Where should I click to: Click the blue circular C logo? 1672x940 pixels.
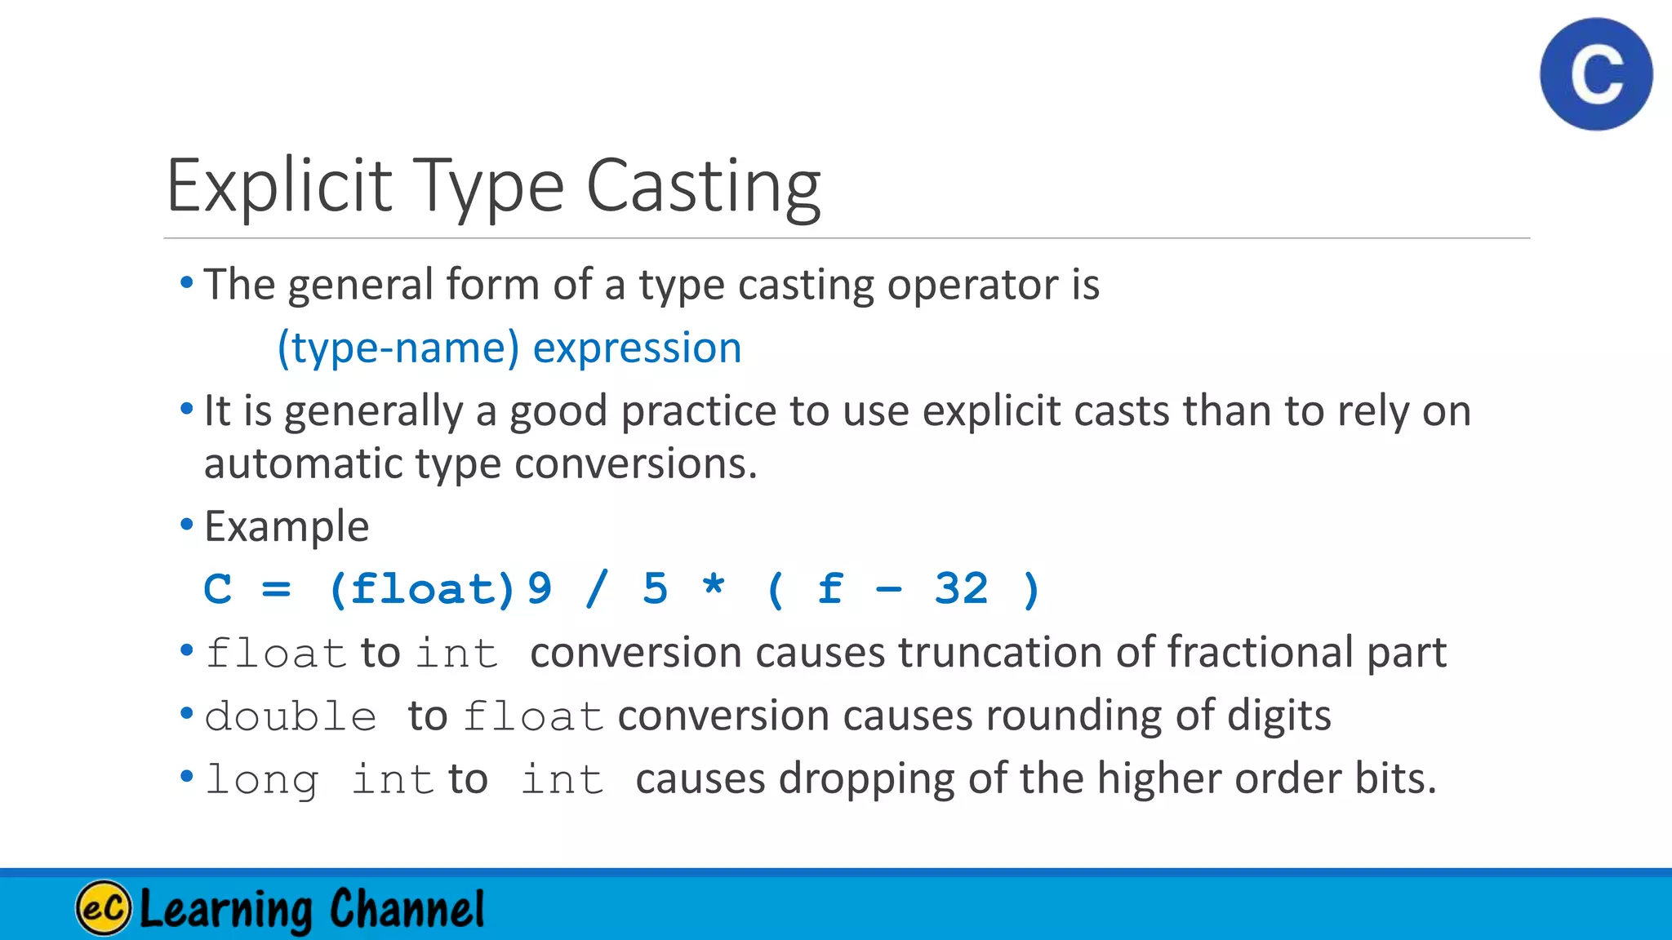pos(1596,74)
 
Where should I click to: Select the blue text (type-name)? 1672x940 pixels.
pos(398,348)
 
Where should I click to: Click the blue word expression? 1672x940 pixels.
pos(637,348)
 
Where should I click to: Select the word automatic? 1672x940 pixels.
pos(303,463)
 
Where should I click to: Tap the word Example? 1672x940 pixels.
pos(287,526)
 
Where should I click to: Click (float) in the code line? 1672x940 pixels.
pos(422,589)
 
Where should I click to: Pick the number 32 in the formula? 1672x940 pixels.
pos(961,589)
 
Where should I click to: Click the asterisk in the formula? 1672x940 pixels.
pos(714,586)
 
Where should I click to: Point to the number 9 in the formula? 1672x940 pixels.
pos(540,589)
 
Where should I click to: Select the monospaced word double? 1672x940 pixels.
pos(291,716)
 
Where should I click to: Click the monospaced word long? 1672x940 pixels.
pos(261,780)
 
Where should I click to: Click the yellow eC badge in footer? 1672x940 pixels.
pos(104,907)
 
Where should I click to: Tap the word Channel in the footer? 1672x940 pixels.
pos(407,907)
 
